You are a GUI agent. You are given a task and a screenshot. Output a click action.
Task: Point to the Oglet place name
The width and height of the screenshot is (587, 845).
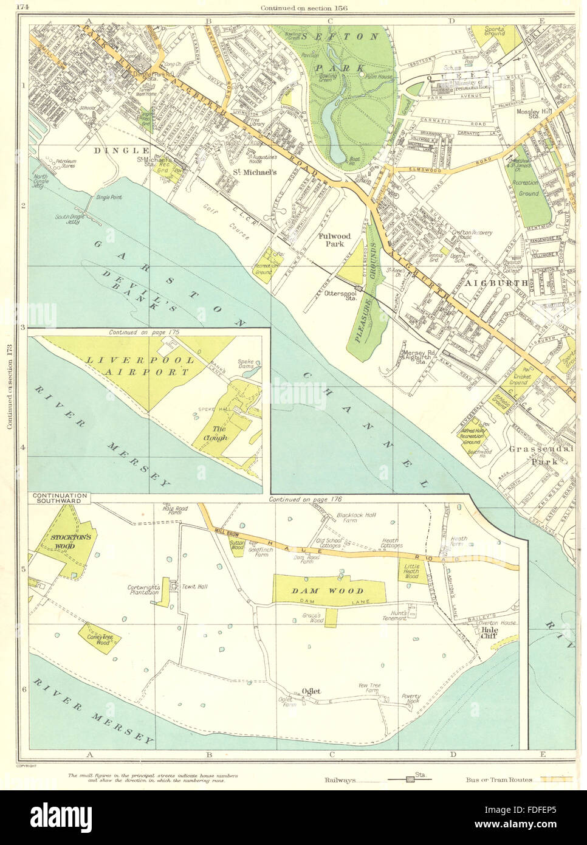point(309,690)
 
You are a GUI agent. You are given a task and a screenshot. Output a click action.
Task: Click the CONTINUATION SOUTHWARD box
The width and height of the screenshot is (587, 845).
point(59,497)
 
